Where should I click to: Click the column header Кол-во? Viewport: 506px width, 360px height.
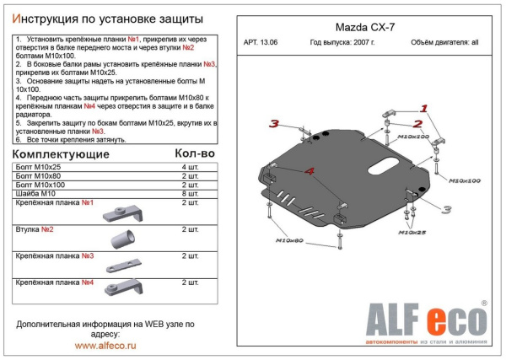click(x=196, y=154)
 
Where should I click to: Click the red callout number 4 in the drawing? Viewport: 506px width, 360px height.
click(x=310, y=171)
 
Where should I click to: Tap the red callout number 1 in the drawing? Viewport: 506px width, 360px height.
click(x=423, y=107)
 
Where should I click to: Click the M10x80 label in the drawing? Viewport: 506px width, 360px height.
click(x=288, y=240)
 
